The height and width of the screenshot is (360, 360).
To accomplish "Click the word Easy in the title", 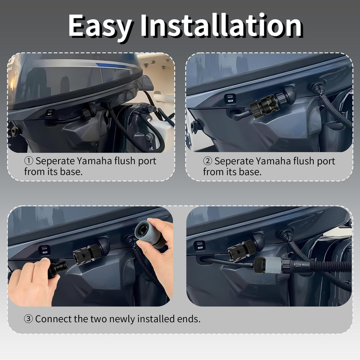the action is pyautogui.click(x=100, y=26).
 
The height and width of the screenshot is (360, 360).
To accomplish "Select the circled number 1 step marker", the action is pyautogui.click(x=29, y=161).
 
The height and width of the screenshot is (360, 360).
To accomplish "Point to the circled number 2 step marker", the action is pyautogui.click(x=207, y=161).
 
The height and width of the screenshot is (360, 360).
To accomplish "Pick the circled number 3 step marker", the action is pyautogui.click(x=28, y=319).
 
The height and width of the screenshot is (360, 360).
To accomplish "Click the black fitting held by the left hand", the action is pyautogui.click(x=58, y=269).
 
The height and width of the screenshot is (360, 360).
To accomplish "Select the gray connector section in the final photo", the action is pyautogui.click(x=273, y=265).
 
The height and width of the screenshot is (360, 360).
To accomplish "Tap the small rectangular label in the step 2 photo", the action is pyautogui.click(x=230, y=99).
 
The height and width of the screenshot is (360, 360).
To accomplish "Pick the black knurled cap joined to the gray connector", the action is pyautogui.click(x=260, y=265).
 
